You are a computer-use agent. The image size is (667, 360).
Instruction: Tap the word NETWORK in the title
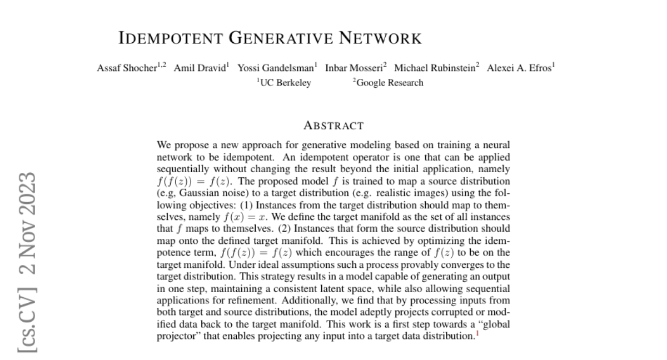[381, 38]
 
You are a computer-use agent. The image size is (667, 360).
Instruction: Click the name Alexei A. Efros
[519, 68]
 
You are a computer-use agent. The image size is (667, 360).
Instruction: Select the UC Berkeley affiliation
[285, 83]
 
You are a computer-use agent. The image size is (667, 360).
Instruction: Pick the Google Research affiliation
[389, 83]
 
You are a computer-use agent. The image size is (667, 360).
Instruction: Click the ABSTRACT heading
[333, 126]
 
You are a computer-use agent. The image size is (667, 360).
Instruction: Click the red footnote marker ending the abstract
[477, 334]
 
